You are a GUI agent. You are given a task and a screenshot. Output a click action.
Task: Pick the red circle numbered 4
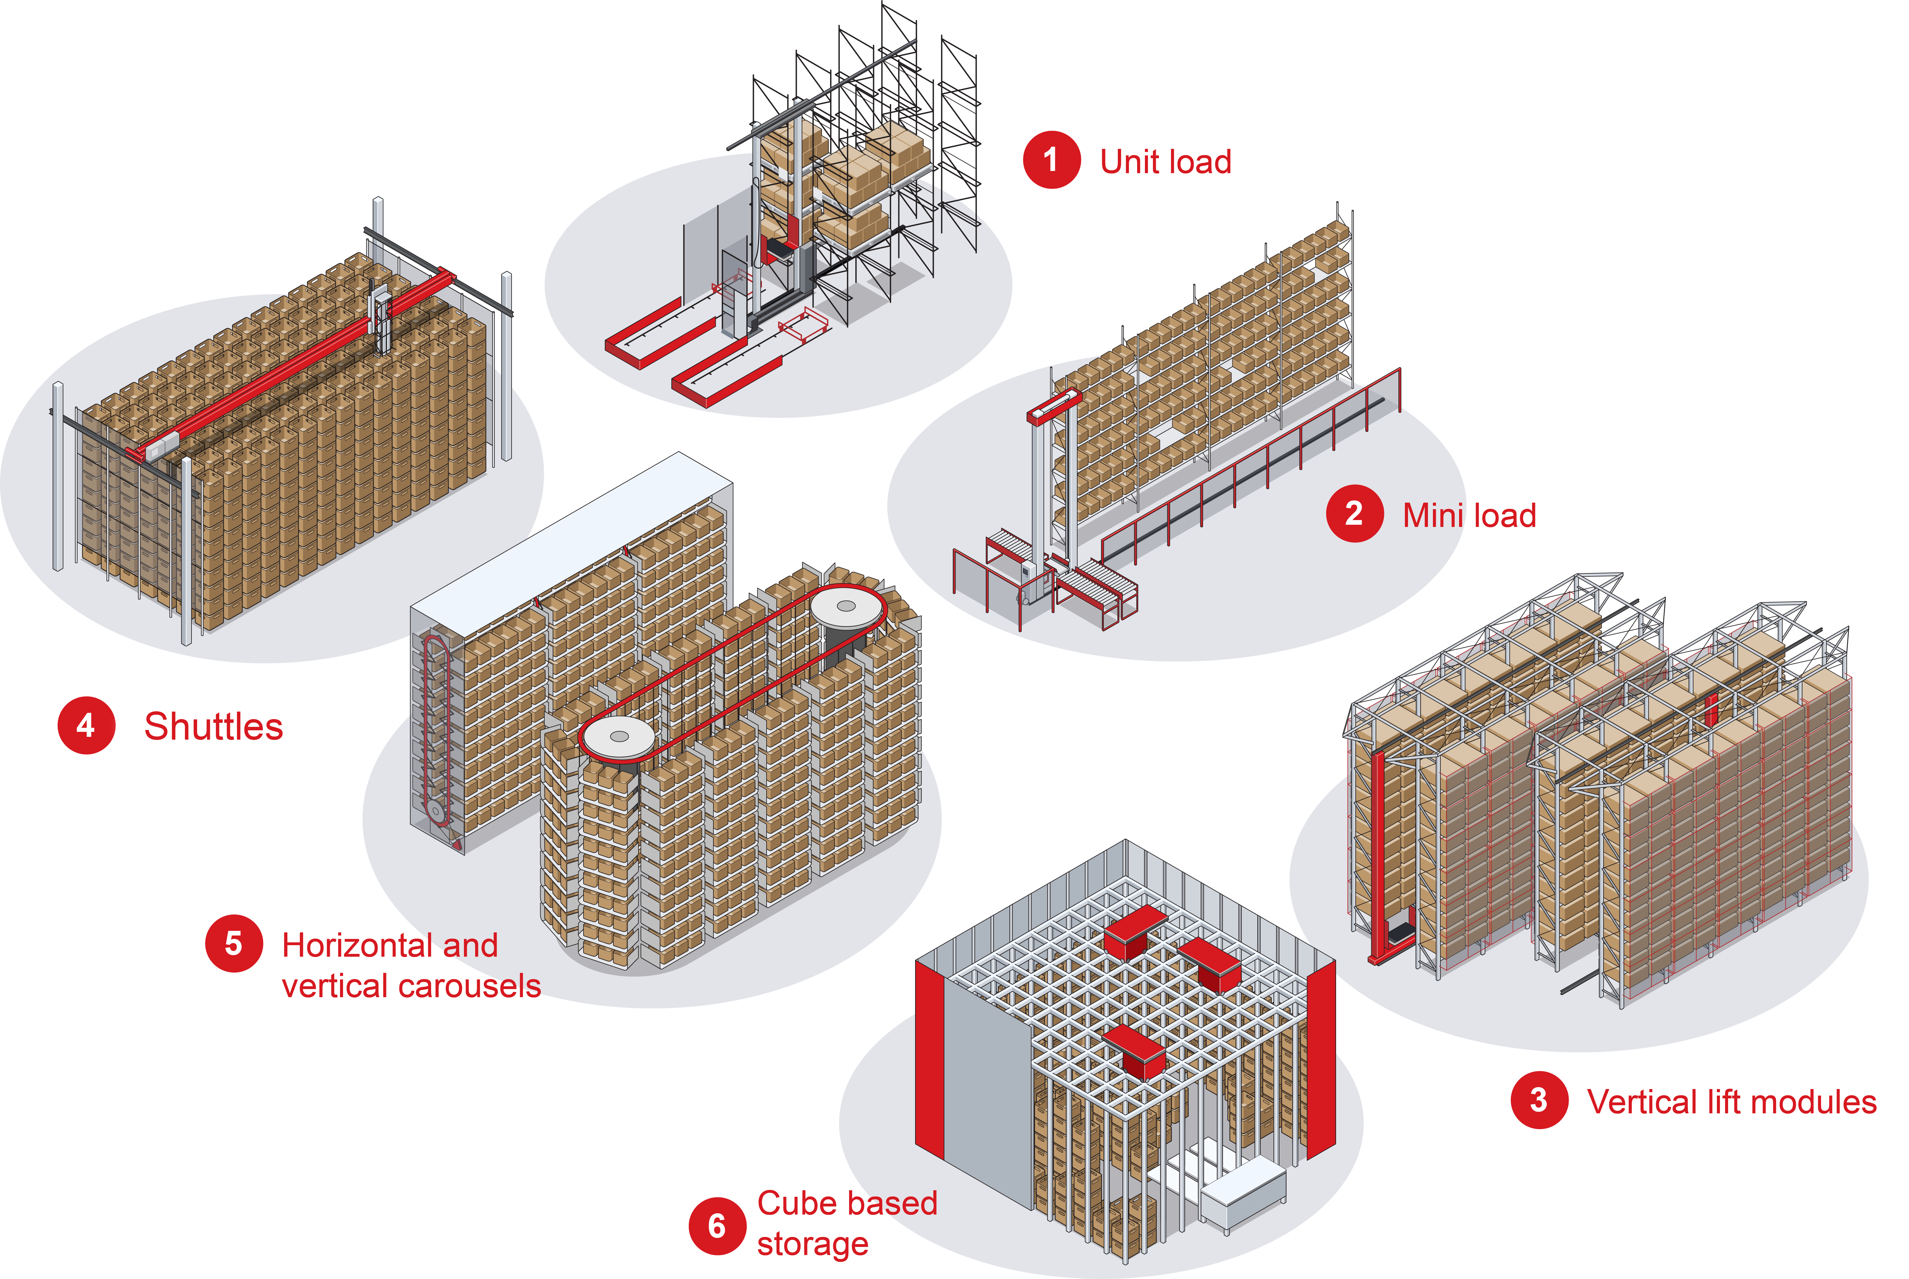86,725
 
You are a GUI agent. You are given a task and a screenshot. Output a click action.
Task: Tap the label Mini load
1469,515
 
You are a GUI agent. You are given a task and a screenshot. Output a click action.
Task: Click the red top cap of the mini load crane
1054,405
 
